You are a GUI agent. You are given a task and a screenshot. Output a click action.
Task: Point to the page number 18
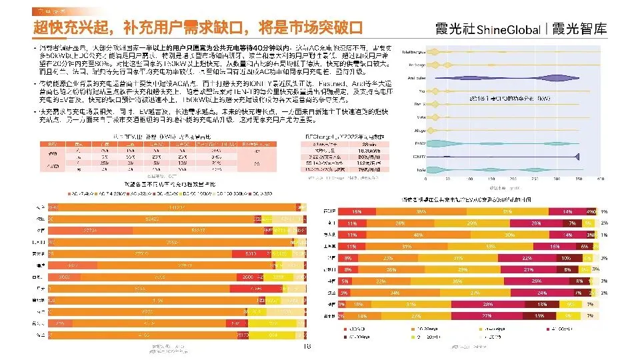(x=307, y=347)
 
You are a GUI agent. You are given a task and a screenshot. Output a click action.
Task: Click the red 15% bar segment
(x=358, y=211)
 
